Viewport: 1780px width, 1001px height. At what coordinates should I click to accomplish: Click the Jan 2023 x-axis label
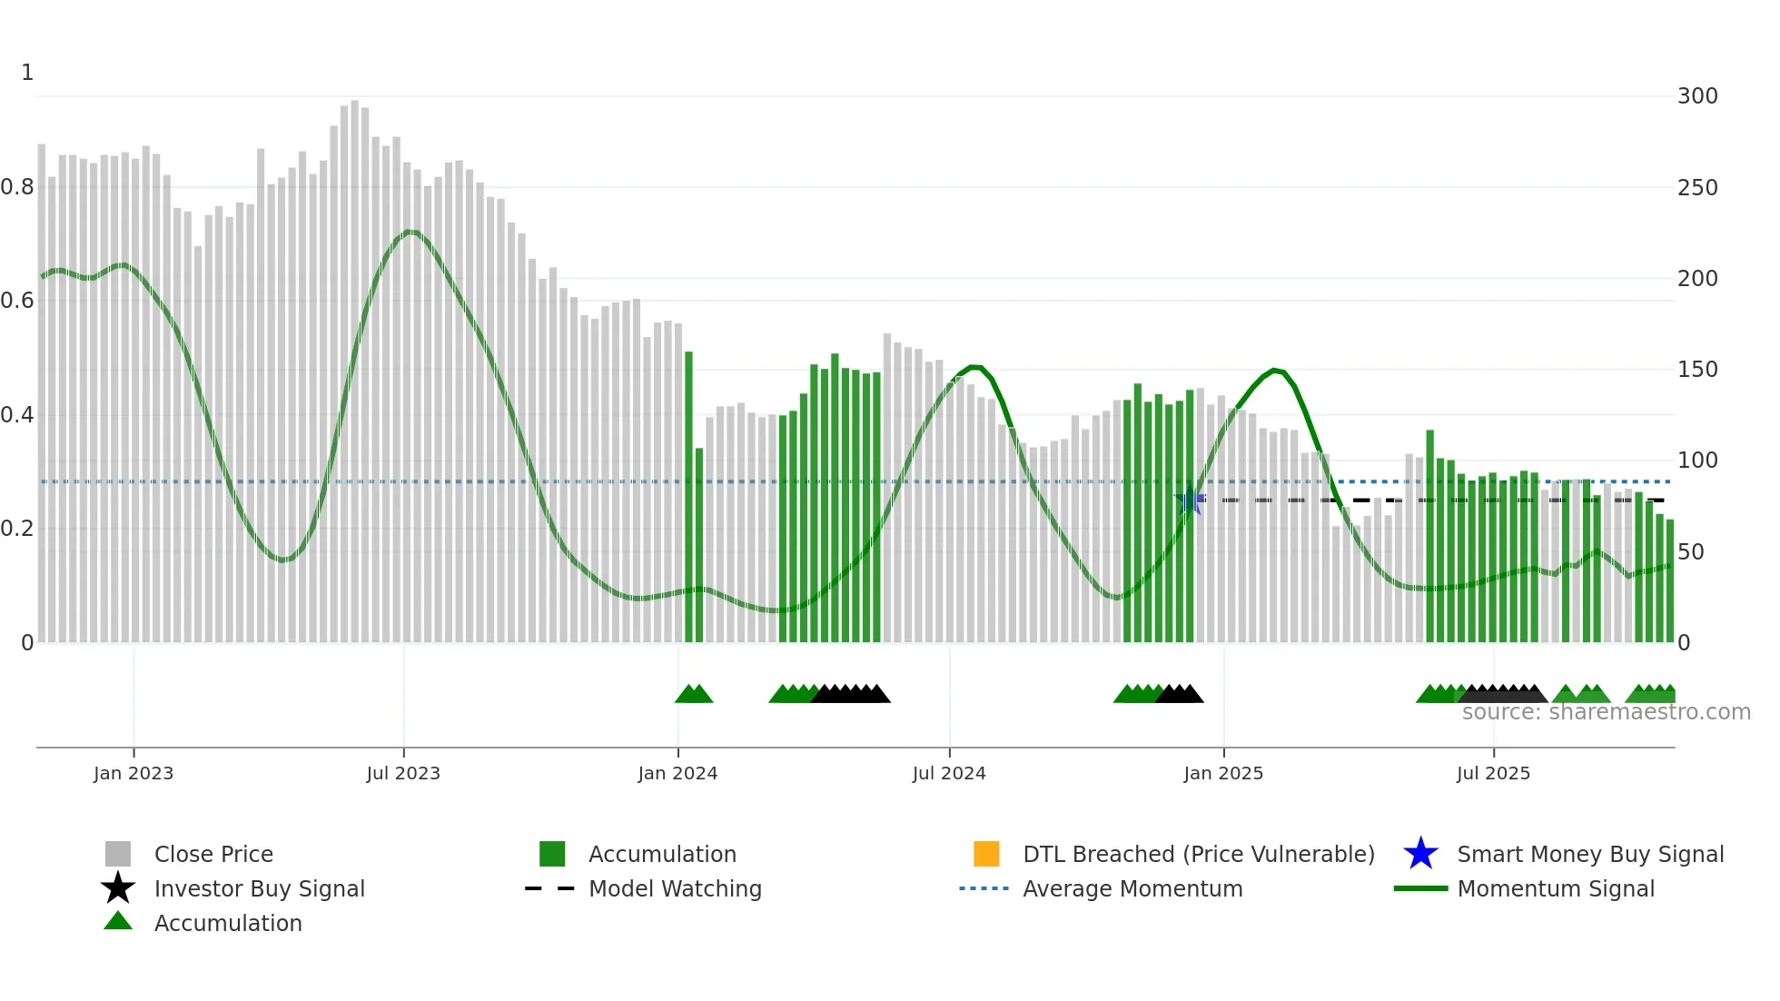pos(133,773)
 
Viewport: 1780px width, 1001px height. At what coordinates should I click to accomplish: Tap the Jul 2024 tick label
pos(949,773)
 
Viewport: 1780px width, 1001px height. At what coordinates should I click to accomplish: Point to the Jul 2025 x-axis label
pos(1493,773)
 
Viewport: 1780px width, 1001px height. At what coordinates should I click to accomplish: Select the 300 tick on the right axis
pos(1697,96)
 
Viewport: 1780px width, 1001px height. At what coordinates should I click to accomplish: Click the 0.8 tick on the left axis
pos(17,187)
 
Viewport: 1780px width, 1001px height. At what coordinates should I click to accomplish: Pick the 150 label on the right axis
pos(1697,370)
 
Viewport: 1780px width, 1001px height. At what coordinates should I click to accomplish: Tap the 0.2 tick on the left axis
pos(17,529)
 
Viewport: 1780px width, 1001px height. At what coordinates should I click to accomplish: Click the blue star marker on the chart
pos(1189,500)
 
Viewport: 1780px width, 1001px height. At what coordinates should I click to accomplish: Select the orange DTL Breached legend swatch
pos(986,854)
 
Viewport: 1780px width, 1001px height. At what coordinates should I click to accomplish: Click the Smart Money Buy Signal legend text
pos(1590,854)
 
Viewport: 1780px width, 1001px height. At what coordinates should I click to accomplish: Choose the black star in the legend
pos(118,888)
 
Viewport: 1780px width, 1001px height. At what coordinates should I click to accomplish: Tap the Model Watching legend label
pos(675,888)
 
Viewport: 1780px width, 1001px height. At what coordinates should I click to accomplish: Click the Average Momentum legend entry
pos(1132,888)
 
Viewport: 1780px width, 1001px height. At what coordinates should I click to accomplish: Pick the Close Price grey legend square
pos(118,854)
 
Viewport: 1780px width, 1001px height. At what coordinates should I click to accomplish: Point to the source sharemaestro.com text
pos(1606,712)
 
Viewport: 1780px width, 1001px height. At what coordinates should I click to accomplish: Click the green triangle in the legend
pos(118,921)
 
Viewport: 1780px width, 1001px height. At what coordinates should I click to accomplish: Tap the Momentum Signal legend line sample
pos(1420,888)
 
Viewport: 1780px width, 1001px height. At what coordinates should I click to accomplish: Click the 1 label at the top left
pos(27,73)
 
